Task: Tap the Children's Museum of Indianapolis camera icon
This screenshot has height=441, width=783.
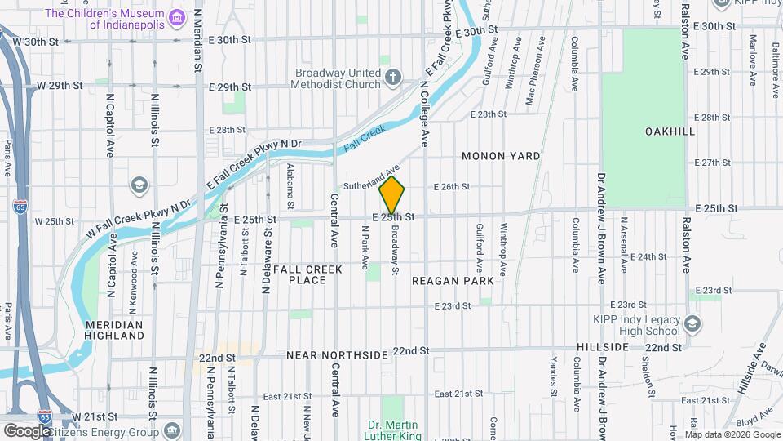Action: [175, 17]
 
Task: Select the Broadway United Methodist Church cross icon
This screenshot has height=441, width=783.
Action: [393, 78]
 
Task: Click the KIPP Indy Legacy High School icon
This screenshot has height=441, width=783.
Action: [692, 326]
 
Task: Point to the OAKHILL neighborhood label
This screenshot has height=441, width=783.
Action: [670, 131]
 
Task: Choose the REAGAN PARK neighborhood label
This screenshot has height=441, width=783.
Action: [453, 281]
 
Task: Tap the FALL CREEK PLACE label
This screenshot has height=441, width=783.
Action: [300, 274]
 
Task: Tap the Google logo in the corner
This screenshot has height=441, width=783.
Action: [27, 430]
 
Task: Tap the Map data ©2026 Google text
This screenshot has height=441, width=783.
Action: [735, 434]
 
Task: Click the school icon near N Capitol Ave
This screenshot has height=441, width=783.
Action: [139, 185]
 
